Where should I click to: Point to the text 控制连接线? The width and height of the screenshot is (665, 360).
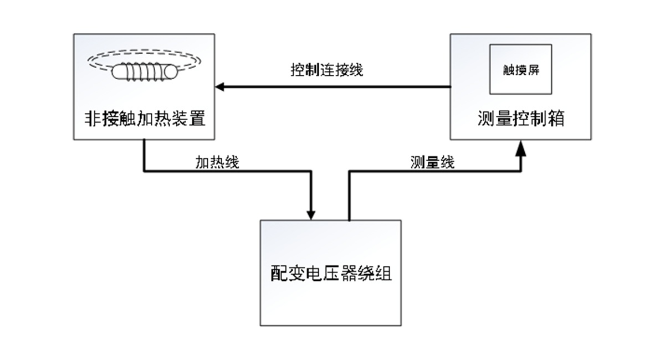[x=327, y=70]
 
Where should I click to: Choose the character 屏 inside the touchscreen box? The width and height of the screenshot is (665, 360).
[x=533, y=70]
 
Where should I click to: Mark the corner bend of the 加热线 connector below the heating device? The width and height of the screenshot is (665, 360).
[x=145, y=171]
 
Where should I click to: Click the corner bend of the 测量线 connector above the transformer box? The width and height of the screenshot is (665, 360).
[x=349, y=171]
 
